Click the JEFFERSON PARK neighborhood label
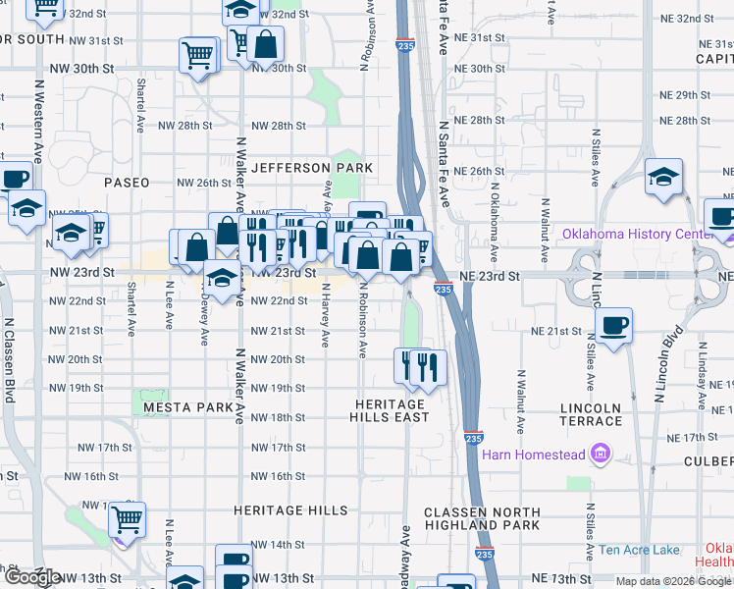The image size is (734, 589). (312, 168)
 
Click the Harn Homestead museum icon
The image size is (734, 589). (600, 455)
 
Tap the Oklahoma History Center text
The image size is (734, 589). (643, 234)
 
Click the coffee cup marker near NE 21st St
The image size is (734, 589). (613, 325)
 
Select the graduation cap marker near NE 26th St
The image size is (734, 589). (664, 178)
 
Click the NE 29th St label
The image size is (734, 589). (685, 95)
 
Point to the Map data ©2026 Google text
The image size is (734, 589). (672, 581)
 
